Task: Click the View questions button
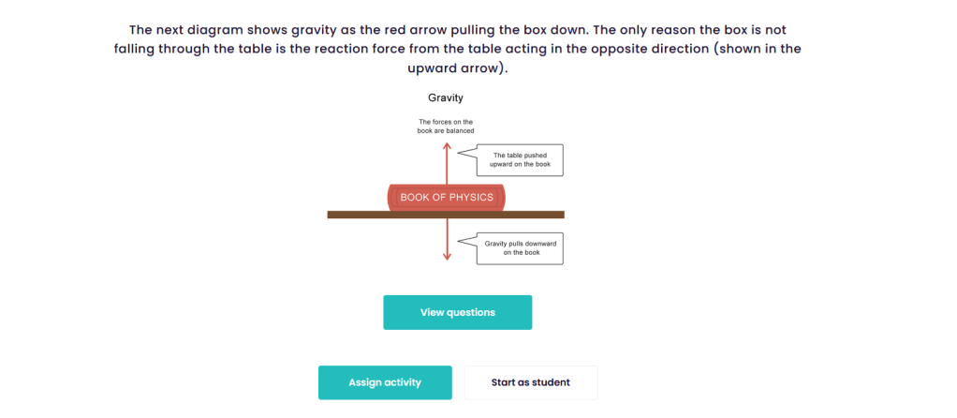click(x=457, y=312)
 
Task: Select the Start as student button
click(x=530, y=382)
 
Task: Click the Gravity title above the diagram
click(x=446, y=97)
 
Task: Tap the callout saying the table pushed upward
click(x=521, y=160)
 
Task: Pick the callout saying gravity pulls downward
click(x=521, y=247)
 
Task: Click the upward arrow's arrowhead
click(x=447, y=144)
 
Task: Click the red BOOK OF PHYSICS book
click(x=447, y=197)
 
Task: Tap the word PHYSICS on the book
click(x=471, y=197)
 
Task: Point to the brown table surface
click(x=543, y=215)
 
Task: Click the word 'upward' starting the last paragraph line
click(x=410, y=68)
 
